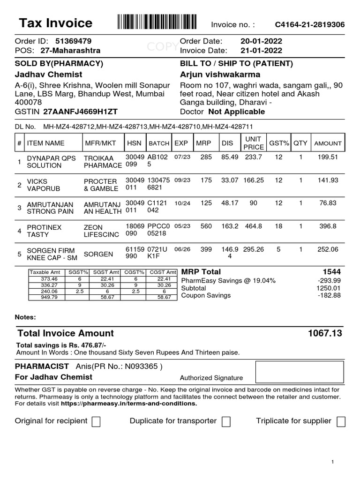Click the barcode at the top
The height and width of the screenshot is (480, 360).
[x=157, y=22]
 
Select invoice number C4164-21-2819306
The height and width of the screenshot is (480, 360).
[x=309, y=24]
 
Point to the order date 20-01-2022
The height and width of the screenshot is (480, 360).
[x=261, y=41]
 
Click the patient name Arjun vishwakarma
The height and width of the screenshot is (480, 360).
[x=220, y=75]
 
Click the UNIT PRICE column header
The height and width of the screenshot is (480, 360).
[x=254, y=143]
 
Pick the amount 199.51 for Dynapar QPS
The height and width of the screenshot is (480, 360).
[x=328, y=157]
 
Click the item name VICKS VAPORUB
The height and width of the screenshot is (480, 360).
[x=37, y=185]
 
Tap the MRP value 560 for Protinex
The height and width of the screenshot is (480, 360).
[x=206, y=226]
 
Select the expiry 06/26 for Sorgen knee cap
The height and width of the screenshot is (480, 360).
[x=180, y=250]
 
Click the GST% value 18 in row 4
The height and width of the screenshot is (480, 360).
[x=278, y=226]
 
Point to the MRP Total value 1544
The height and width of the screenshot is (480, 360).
[x=331, y=272]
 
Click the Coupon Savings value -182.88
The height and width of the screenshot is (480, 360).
[x=329, y=295]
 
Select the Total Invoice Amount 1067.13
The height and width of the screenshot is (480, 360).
[x=325, y=333]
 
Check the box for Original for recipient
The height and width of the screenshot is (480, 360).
[x=96, y=422]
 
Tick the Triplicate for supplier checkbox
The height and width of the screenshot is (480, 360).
[x=341, y=422]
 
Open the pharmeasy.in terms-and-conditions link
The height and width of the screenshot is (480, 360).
[x=128, y=403]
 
